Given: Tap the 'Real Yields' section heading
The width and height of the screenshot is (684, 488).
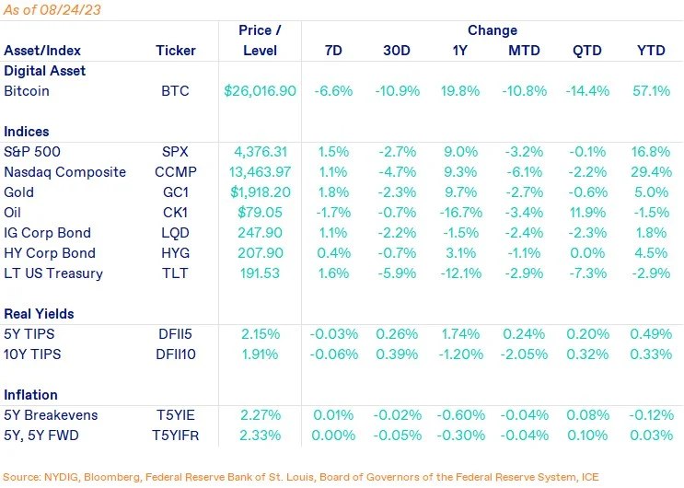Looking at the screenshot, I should coord(40,314).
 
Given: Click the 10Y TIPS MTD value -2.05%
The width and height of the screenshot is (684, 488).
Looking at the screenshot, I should coord(522,354).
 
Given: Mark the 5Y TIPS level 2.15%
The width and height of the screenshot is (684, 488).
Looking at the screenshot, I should coord(261,334).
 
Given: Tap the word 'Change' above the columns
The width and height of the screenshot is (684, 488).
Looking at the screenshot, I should coord(493,30).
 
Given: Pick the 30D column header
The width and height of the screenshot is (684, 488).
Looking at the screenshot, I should coord(397,51).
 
